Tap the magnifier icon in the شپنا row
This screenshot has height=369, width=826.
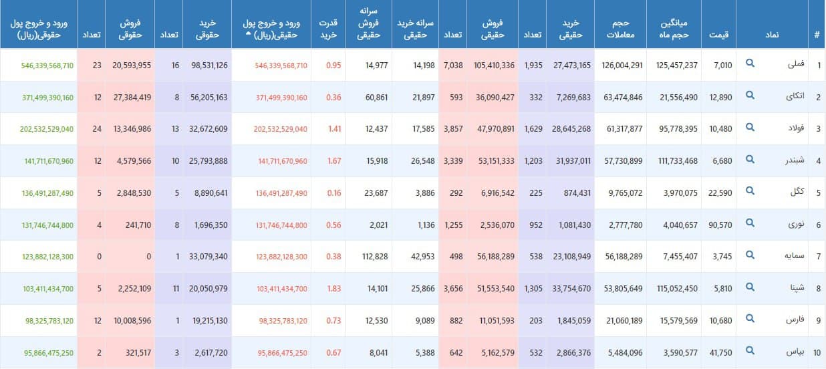tap(750, 288)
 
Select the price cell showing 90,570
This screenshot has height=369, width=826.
tap(718, 225)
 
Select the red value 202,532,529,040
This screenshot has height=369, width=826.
tap(281, 129)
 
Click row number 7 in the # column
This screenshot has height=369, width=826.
tap(817, 257)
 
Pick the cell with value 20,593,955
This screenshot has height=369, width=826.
tap(132, 66)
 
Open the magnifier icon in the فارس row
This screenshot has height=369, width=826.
tap(750, 320)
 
